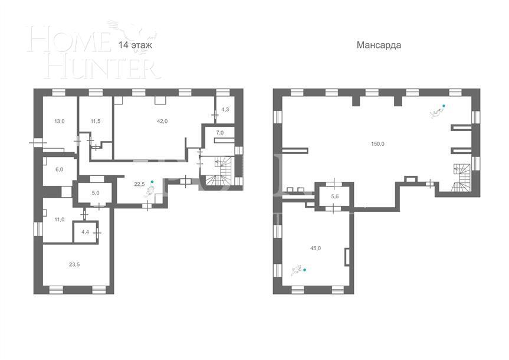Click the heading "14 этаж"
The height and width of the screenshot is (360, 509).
(x=135, y=45)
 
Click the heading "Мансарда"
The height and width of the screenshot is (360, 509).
(x=379, y=45)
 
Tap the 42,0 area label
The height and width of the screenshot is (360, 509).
(x=162, y=121)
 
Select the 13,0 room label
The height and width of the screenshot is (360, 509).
(x=60, y=122)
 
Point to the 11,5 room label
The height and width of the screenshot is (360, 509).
(x=96, y=122)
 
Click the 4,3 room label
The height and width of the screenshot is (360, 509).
(x=225, y=110)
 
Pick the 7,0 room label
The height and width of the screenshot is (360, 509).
(x=220, y=133)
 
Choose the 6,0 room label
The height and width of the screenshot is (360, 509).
(x=59, y=169)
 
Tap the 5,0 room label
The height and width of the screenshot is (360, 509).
(x=95, y=192)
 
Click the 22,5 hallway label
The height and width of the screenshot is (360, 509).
(x=139, y=184)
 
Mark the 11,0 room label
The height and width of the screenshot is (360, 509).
(x=59, y=220)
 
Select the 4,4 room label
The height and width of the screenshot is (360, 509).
(x=85, y=231)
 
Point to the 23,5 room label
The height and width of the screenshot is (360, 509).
(x=74, y=264)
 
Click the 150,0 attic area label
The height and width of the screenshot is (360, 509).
(x=377, y=143)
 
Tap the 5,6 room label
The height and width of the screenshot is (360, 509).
(x=335, y=197)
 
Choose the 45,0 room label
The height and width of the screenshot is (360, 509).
(x=316, y=248)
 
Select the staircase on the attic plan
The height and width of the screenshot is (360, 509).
(x=461, y=179)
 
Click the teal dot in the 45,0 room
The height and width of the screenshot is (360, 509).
(x=306, y=270)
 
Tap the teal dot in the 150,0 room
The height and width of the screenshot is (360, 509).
(x=444, y=106)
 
